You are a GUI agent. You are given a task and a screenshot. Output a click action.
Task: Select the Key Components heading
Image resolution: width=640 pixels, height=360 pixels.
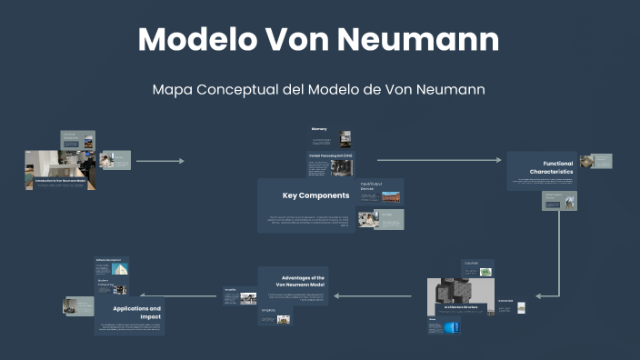(x=315, y=195)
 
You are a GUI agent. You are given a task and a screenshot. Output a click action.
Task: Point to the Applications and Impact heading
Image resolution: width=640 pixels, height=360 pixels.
(x=137, y=313)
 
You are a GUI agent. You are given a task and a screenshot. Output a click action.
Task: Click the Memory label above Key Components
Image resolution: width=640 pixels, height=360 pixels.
(x=319, y=130)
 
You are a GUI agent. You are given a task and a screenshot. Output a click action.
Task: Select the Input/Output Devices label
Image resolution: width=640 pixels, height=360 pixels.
(x=370, y=187)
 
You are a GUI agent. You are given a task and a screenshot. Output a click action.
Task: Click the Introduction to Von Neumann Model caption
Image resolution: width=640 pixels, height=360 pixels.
(x=60, y=181)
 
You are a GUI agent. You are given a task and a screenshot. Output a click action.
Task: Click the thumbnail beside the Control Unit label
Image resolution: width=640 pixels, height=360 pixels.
(x=521, y=307)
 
